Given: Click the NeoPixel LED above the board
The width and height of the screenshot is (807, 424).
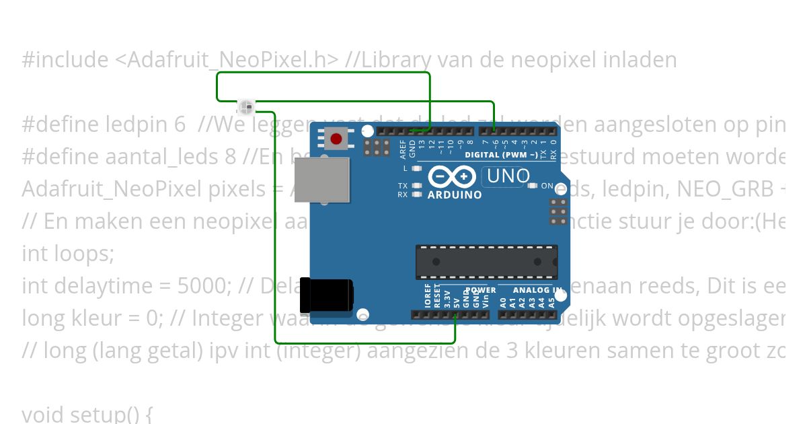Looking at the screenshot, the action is [246, 106].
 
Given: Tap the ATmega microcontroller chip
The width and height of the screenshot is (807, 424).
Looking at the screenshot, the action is [486, 262].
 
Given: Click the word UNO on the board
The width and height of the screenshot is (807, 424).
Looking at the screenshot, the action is [508, 176].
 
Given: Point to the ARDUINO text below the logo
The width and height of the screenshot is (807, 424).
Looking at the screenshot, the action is [455, 195].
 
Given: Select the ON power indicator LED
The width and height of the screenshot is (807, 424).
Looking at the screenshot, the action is [533, 186].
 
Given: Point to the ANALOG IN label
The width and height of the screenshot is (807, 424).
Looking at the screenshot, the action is [537, 290].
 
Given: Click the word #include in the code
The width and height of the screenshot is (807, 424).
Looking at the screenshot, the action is [65, 60].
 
